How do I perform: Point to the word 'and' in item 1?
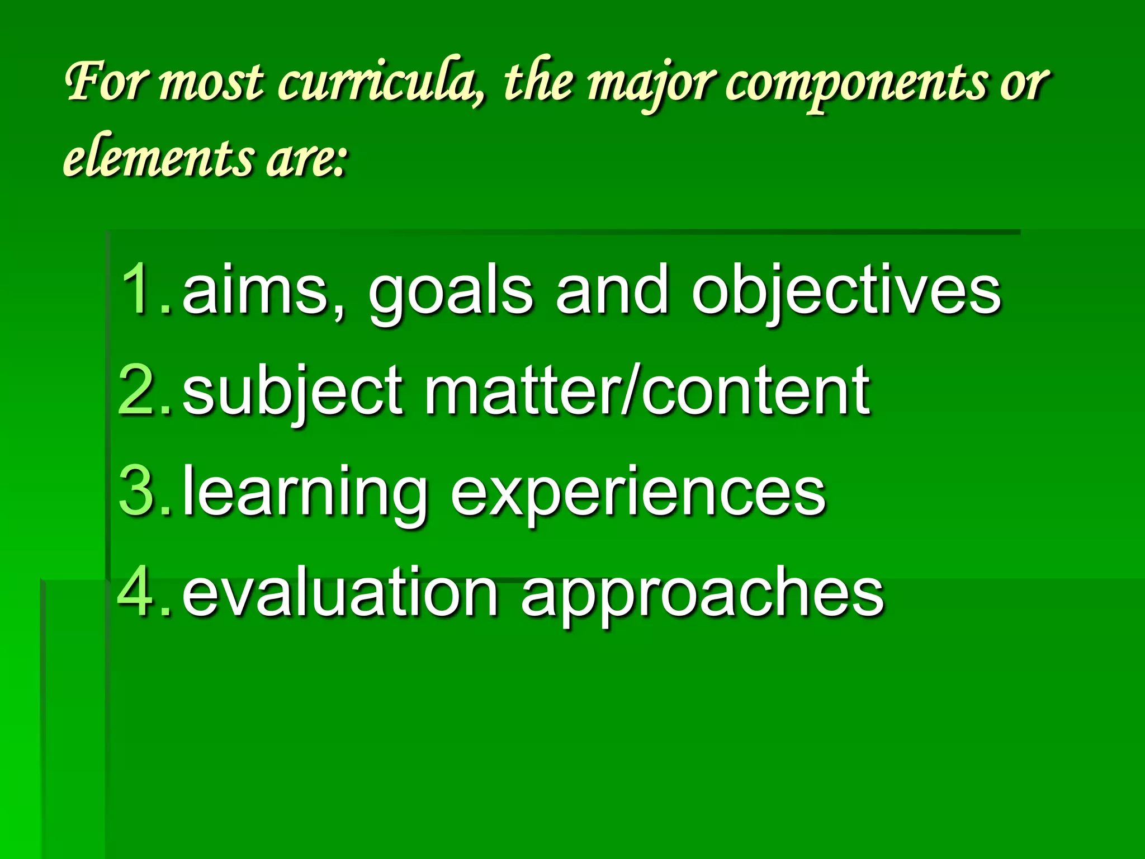click(x=612, y=290)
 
